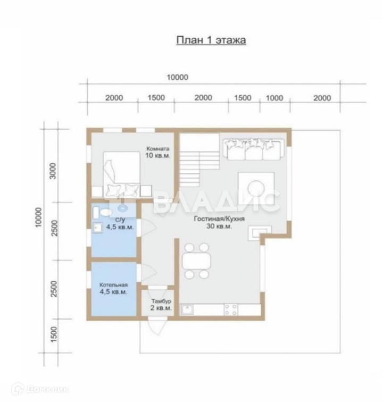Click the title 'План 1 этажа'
tap(211, 40)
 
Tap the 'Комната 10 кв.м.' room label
tap(158, 152)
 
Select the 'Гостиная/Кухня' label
tap(219, 219)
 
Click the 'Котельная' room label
tap(113, 285)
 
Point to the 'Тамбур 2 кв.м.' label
tap(161, 304)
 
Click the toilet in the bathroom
tap(102, 212)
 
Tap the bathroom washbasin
tap(98, 228)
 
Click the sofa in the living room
tap(254, 149)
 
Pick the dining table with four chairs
tap(196, 261)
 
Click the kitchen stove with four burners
tap(231, 310)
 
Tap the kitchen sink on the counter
tap(187, 310)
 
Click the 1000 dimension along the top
tap(274, 98)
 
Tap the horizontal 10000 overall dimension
tap(178, 77)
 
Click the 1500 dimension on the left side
tap(54, 334)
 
